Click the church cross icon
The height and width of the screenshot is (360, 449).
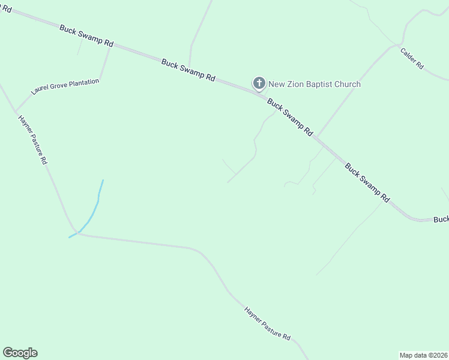point(259,83)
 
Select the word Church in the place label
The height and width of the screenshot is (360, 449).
point(347,84)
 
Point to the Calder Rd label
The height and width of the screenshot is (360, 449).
point(412,58)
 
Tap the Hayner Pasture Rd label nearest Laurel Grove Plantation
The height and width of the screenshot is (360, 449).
point(34,140)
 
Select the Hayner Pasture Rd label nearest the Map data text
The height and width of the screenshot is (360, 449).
point(268,324)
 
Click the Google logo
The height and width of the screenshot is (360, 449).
point(20,353)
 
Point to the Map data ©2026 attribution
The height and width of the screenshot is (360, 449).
point(424,355)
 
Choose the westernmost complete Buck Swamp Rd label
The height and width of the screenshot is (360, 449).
point(86,35)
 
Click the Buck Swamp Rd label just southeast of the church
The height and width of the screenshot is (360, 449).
point(290,116)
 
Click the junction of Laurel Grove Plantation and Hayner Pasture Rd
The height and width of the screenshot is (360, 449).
point(16,112)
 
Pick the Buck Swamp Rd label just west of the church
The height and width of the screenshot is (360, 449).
point(188,69)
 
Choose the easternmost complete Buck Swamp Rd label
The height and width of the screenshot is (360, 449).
point(367,182)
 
